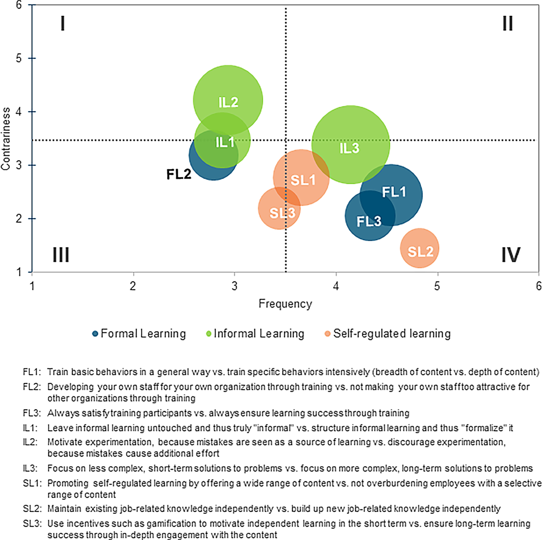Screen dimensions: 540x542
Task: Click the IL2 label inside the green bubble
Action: click(228, 102)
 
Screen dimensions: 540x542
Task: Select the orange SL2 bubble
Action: click(420, 248)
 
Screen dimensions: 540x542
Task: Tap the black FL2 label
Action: click(179, 174)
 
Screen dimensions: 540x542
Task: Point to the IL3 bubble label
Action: click(349, 148)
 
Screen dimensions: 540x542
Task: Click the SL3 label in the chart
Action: click(282, 213)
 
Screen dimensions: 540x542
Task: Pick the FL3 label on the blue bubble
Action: click(369, 221)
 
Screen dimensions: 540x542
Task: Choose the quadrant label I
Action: click(63, 24)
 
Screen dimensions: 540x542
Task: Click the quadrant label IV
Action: click(511, 255)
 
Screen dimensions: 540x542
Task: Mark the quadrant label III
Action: click(61, 255)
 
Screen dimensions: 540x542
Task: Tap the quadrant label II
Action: click(508, 24)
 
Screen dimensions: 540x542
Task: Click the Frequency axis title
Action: click(285, 304)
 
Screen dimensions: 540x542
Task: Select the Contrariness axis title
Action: click(6, 139)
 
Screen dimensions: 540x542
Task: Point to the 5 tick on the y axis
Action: click(19, 58)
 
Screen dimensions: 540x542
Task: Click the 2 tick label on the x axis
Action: click(133, 286)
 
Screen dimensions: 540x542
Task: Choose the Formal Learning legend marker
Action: click(95, 334)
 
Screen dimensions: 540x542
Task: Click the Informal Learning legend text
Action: click(259, 334)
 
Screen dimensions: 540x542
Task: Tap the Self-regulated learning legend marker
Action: click(328, 334)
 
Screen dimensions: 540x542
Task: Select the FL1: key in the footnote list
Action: click(32, 372)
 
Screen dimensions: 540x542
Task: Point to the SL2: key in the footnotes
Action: click(32, 509)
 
